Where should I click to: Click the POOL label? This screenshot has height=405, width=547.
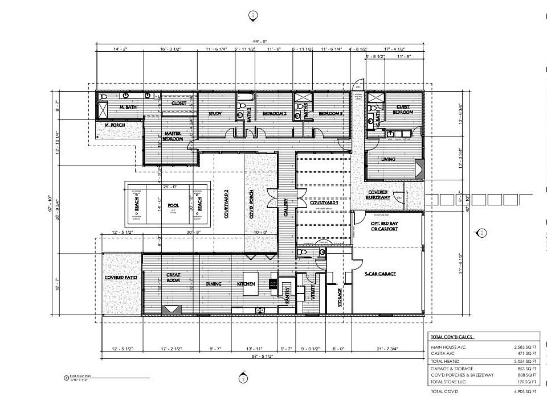(x=173, y=204)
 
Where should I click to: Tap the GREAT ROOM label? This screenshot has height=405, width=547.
(x=173, y=277)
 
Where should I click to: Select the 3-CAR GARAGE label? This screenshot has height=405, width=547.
(x=380, y=274)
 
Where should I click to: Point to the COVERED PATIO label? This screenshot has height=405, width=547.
(x=121, y=278)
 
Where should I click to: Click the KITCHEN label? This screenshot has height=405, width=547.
(x=246, y=284)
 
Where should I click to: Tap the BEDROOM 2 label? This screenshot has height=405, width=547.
(x=274, y=114)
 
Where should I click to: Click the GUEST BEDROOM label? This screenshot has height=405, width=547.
(x=403, y=109)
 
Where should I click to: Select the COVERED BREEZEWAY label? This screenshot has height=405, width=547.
(x=377, y=195)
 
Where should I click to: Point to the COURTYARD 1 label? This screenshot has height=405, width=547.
(x=324, y=203)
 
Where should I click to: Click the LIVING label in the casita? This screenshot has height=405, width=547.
(x=388, y=159)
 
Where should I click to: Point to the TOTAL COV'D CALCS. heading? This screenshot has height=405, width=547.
(x=453, y=337)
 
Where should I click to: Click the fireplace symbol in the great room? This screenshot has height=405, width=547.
(x=172, y=309)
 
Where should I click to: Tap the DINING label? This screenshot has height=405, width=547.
(x=214, y=284)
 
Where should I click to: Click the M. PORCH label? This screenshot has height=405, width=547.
(x=115, y=124)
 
